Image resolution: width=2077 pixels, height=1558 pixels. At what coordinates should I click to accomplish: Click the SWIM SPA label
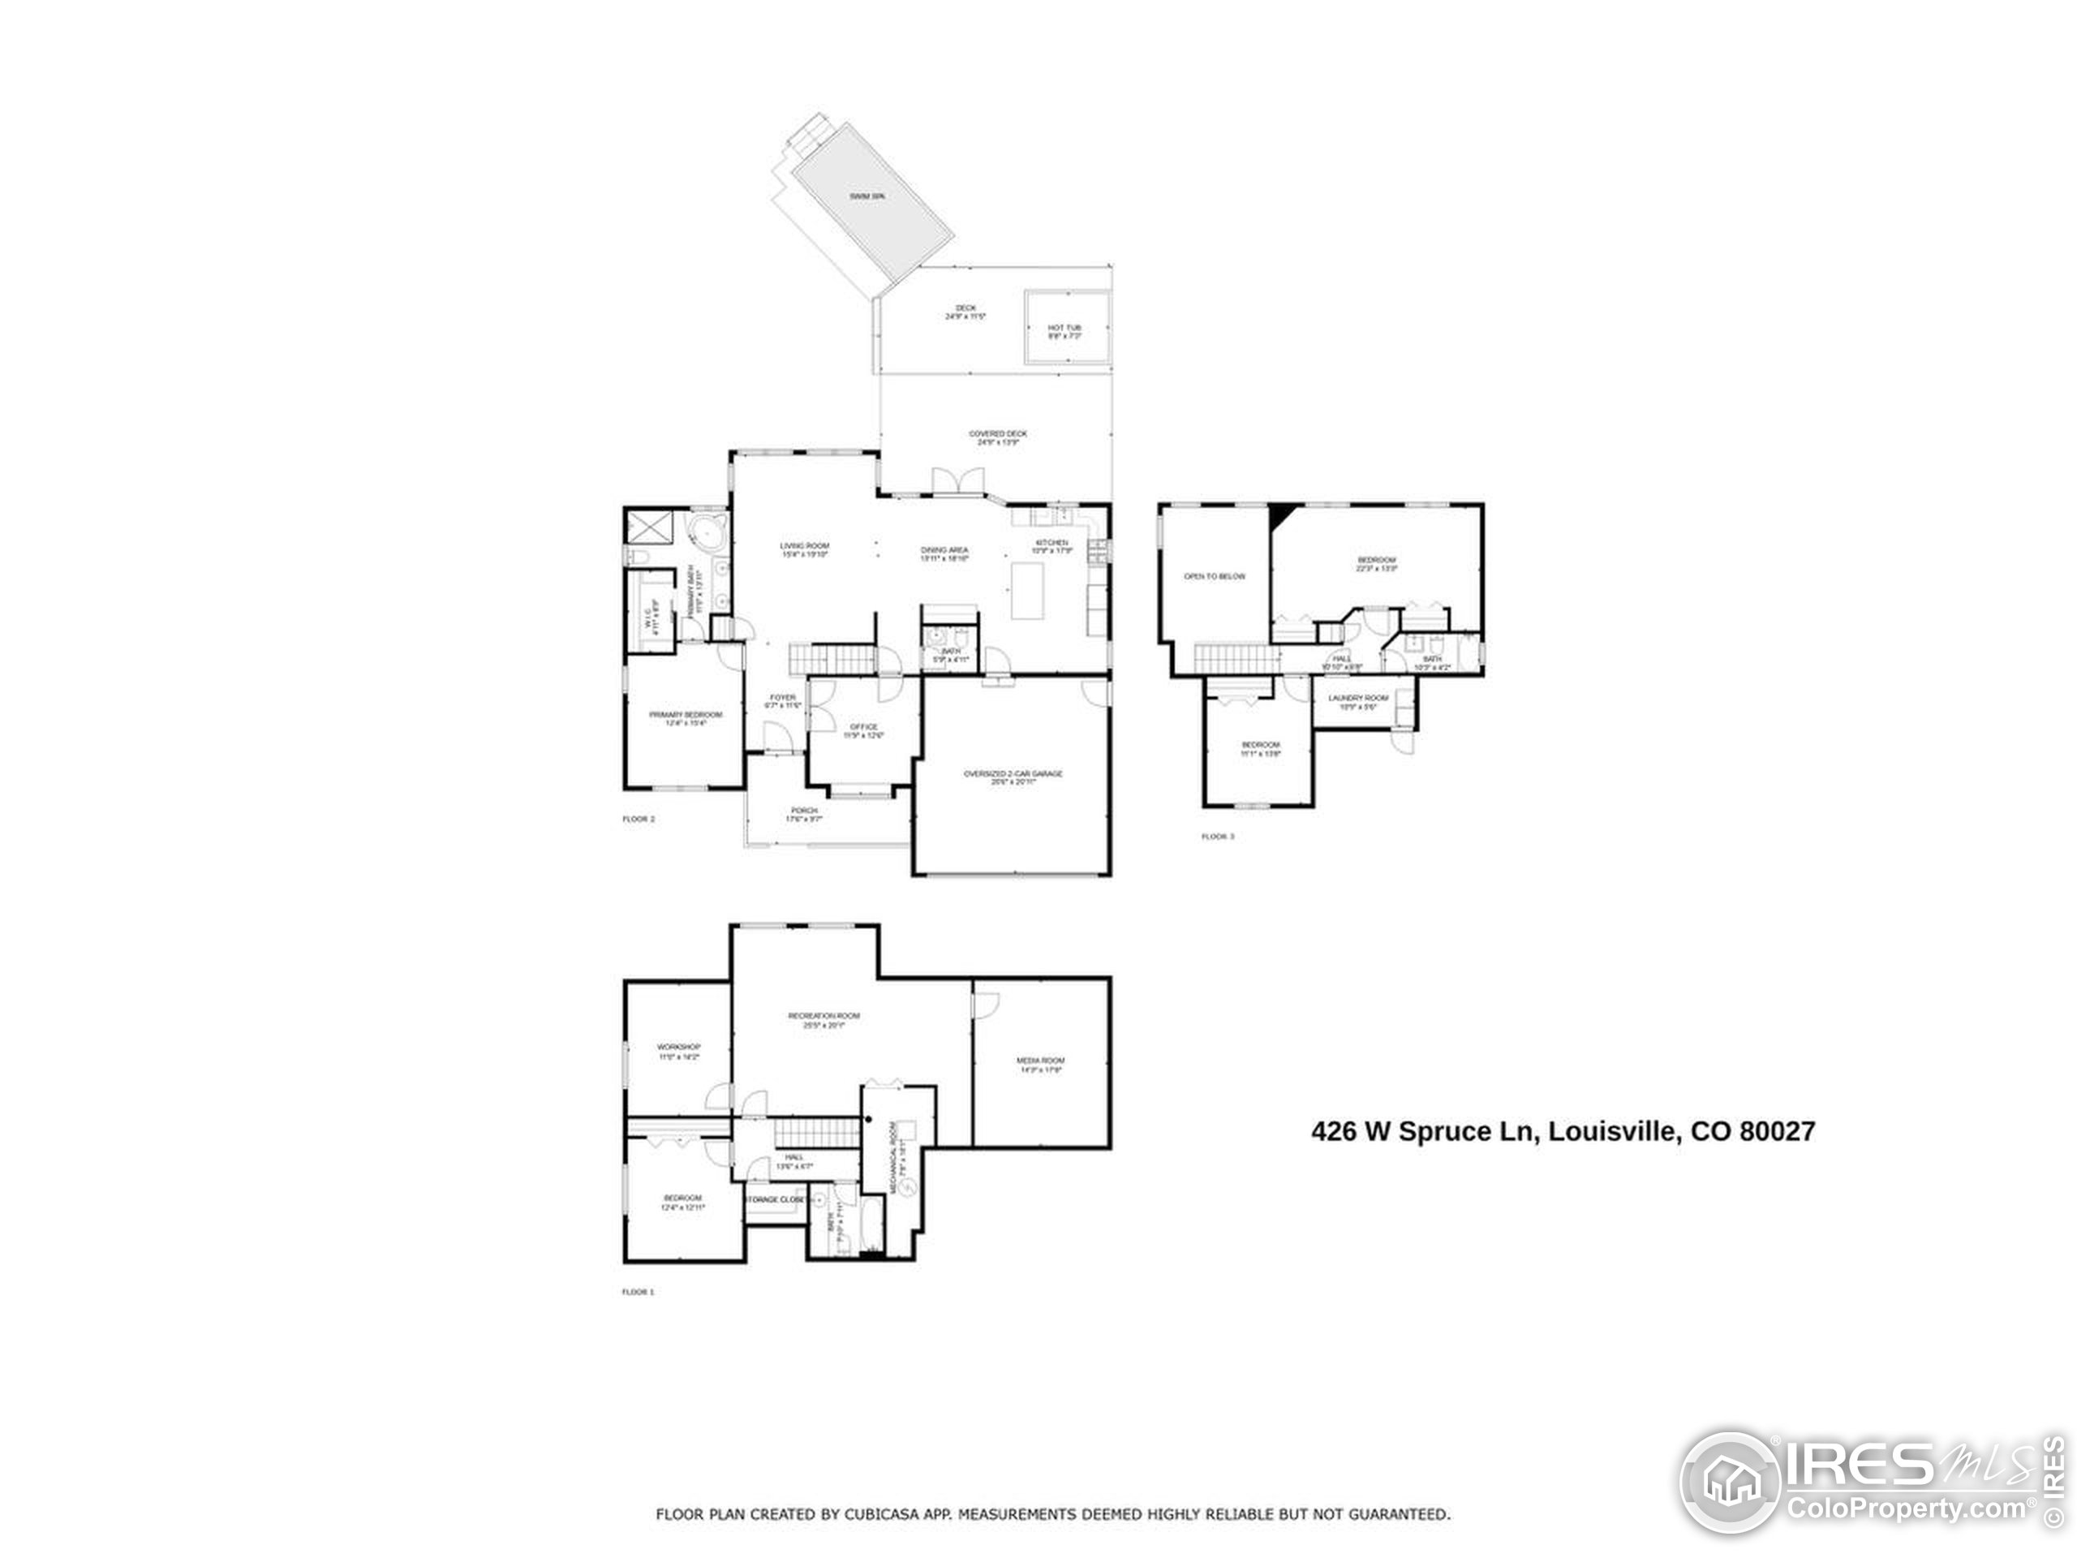click(866, 196)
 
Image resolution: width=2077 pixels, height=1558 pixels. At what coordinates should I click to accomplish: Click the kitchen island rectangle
click(1027, 590)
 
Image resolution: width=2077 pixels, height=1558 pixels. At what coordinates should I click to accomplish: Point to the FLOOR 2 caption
click(639, 819)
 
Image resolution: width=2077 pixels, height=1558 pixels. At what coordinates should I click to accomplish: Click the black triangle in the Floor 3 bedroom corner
click(1279, 515)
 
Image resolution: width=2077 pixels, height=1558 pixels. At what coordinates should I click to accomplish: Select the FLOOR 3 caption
click(1218, 837)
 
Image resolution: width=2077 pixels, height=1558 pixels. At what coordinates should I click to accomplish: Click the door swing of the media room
click(986, 1003)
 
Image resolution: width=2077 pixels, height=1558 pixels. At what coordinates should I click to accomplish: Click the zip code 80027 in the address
click(1778, 1130)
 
